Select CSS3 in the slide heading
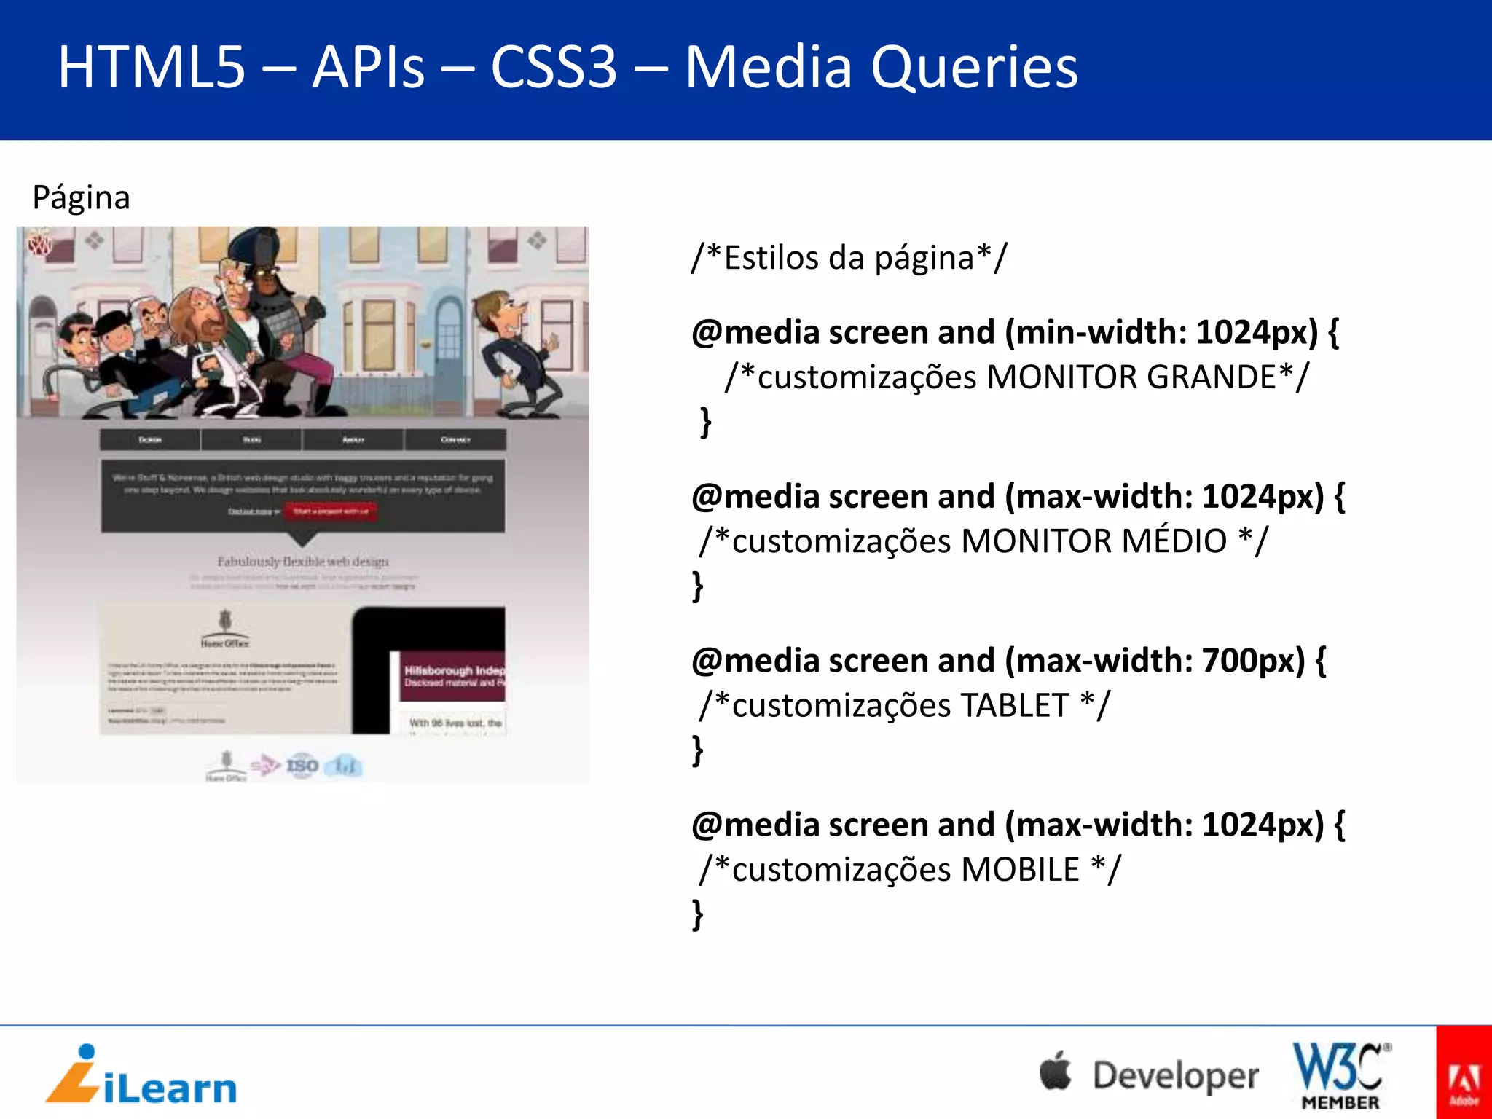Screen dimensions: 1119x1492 [x=554, y=68]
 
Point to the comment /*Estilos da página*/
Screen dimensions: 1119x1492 [x=849, y=258]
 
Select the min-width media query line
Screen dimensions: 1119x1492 [x=1015, y=333]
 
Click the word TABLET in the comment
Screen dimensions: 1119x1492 [x=1015, y=705]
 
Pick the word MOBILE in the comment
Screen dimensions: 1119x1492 [x=1020, y=869]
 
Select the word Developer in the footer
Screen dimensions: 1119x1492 [x=1175, y=1076]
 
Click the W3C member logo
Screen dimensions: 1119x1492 [x=1341, y=1075]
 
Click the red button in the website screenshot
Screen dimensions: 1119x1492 [x=331, y=511]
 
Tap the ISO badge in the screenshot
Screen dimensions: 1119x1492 [x=302, y=766]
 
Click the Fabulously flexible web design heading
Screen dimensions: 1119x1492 [x=303, y=562]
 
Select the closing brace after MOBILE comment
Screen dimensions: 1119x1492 [x=698, y=914]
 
